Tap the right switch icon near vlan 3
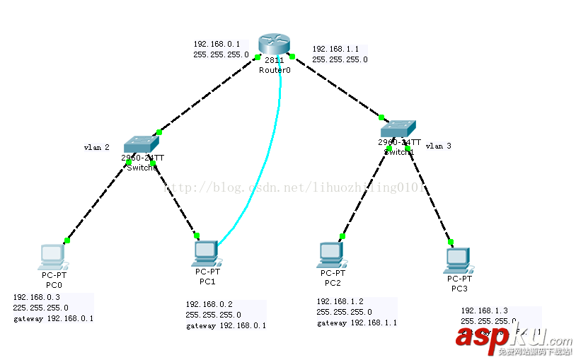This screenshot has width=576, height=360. (x=400, y=129)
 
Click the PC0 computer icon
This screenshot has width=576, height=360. (x=52, y=256)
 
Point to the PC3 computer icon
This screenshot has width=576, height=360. (x=458, y=260)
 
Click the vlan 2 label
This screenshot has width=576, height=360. (x=96, y=148)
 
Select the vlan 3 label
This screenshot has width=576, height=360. (x=438, y=146)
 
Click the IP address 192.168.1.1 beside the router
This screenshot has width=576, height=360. (x=335, y=49)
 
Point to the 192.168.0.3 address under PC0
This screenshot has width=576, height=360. (x=36, y=297)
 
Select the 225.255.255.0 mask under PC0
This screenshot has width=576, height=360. (x=40, y=308)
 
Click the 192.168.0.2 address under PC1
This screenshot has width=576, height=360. (x=209, y=303)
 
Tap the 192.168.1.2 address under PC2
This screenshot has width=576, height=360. (x=340, y=301)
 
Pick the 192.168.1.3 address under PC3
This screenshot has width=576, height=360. (x=484, y=310)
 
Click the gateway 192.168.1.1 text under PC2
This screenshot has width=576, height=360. (x=356, y=323)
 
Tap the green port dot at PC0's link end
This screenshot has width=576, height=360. (x=67, y=240)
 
